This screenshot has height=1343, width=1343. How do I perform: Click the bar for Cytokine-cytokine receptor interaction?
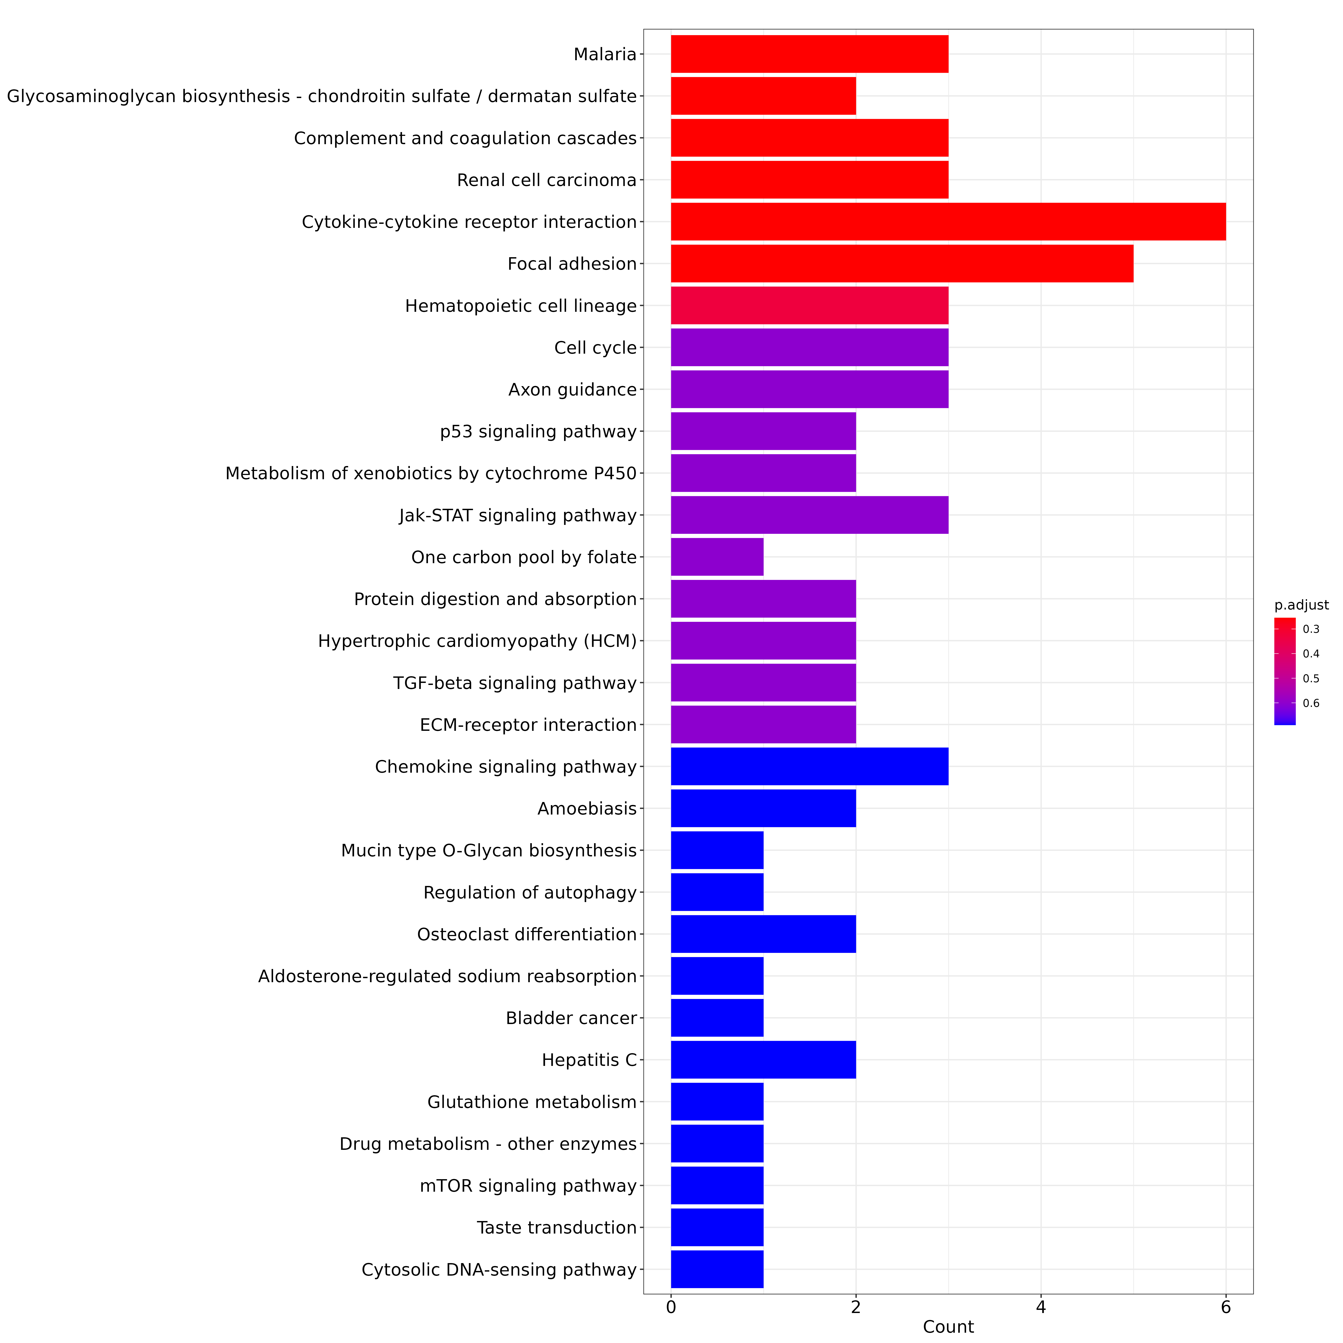(x=948, y=222)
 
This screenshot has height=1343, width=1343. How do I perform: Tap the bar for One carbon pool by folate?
(x=717, y=557)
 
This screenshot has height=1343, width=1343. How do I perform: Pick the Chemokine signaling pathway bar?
(x=809, y=766)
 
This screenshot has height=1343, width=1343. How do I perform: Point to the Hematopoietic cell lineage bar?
(x=809, y=305)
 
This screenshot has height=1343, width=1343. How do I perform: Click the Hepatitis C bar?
(x=763, y=1059)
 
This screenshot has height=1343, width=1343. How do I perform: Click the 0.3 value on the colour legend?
(x=1311, y=629)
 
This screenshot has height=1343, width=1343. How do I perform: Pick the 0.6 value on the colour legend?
(x=1311, y=704)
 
